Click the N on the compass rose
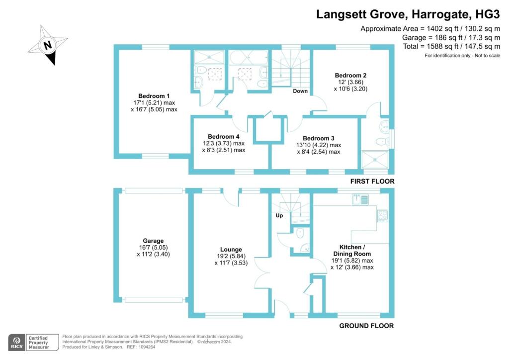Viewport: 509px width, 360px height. [x=48, y=44]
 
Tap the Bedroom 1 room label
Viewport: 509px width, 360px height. [x=154, y=96]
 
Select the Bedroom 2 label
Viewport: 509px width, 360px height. [x=350, y=75]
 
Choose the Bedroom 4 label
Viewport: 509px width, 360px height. [x=224, y=137]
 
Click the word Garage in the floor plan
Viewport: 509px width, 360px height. [x=153, y=241]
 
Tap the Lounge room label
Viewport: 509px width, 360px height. [x=231, y=250]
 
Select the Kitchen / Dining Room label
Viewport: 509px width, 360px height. [x=352, y=250]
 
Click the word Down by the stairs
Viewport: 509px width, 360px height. [x=300, y=91]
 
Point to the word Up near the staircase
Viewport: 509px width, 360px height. [x=279, y=215]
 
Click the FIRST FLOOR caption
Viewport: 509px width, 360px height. [x=372, y=181]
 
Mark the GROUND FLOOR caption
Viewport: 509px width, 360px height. [x=366, y=326]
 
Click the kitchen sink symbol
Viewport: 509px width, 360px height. [x=360, y=199]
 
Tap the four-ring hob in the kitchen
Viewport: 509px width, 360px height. [x=383, y=216]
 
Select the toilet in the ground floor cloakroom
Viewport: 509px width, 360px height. [x=300, y=232]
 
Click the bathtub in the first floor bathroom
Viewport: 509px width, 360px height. [x=249, y=58]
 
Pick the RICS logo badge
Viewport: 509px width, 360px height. [x=17, y=343]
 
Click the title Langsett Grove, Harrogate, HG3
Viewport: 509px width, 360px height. [x=408, y=14]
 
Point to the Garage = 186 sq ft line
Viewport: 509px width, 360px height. [x=451, y=38]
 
